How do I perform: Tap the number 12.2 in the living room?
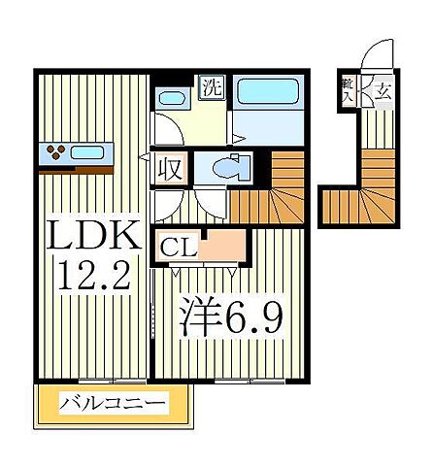pos(93,279)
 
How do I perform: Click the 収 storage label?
pos(169,170)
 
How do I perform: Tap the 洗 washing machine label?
pos(212,87)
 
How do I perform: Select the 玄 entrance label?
pos(383,93)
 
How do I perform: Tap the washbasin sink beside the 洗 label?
pos(172,98)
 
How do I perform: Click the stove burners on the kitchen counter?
pos(54,150)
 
